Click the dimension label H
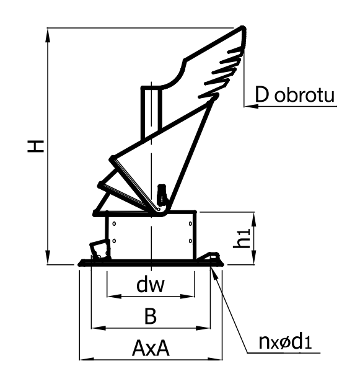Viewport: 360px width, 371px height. (x=35, y=146)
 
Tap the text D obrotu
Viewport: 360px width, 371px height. (x=294, y=95)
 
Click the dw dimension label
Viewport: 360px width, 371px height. (x=151, y=285)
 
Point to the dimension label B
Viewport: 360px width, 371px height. (x=151, y=316)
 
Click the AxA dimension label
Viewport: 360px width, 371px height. (x=151, y=348)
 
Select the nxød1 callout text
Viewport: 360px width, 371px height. (x=285, y=342)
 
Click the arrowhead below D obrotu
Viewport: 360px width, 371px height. (x=251, y=106)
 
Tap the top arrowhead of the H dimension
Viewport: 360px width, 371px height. (x=48, y=35)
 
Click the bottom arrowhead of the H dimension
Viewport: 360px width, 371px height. (x=48, y=257)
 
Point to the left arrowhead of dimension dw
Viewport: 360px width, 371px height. (x=114, y=296)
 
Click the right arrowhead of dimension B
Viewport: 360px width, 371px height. (x=203, y=328)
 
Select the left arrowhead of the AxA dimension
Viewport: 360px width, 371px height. (x=87, y=360)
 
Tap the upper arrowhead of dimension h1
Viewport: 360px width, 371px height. (x=253, y=220)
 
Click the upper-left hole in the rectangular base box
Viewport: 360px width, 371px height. (x=114, y=223)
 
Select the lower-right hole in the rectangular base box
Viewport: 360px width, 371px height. (x=190, y=241)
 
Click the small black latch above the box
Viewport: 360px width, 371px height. (x=162, y=194)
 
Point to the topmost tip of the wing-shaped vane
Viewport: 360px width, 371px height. (x=243, y=27)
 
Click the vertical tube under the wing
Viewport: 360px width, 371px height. (x=152, y=113)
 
